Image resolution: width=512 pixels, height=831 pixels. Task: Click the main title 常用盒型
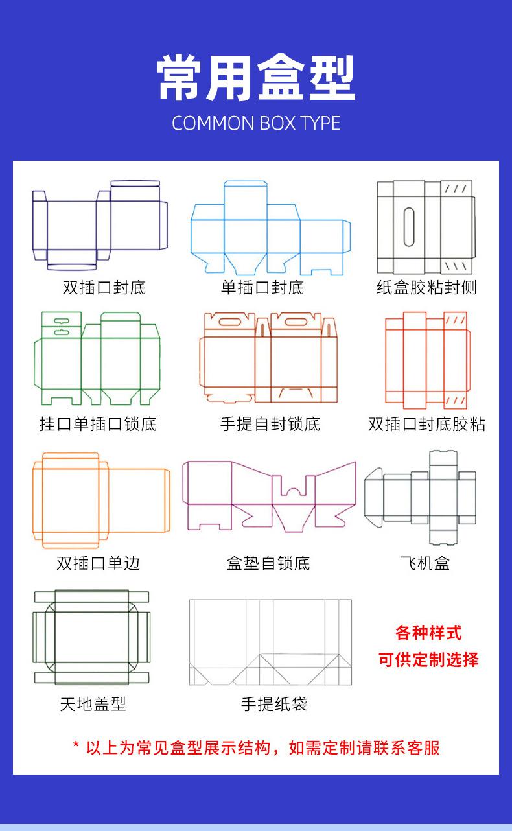(x=256, y=78)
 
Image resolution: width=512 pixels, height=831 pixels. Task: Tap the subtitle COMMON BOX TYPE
(x=256, y=123)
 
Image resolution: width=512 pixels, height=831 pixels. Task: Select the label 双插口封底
(x=104, y=287)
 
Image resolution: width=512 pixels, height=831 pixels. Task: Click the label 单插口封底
(x=262, y=287)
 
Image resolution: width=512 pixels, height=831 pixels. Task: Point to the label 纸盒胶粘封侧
(x=427, y=287)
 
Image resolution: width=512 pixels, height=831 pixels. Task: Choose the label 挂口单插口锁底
(x=98, y=425)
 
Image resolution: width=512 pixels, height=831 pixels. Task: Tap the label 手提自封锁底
(x=270, y=425)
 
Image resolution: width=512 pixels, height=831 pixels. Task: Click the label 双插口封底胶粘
(x=427, y=425)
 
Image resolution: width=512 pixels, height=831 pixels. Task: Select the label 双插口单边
(x=98, y=563)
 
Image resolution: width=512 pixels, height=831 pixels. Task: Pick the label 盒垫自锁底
(x=268, y=563)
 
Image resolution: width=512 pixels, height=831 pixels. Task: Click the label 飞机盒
(x=425, y=563)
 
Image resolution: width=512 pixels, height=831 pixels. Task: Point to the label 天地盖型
(x=93, y=703)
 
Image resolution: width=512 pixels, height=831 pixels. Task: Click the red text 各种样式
(x=428, y=633)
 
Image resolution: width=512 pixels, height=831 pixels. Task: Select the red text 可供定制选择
(x=428, y=660)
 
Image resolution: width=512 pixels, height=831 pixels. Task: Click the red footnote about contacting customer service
(x=256, y=747)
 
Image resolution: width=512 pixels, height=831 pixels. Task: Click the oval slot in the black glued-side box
(x=409, y=227)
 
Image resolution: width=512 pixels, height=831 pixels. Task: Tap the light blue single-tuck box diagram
(x=270, y=227)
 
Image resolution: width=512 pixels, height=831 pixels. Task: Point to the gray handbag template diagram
(x=270, y=642)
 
